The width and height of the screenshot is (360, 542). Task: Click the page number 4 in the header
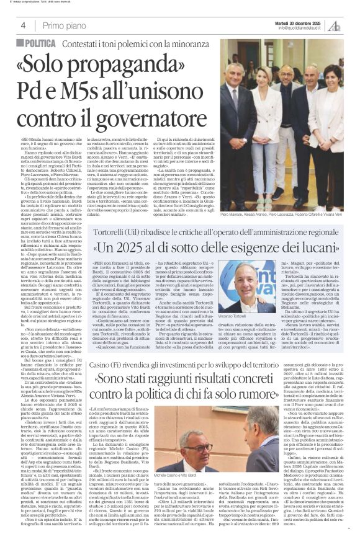click(23, 25)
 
